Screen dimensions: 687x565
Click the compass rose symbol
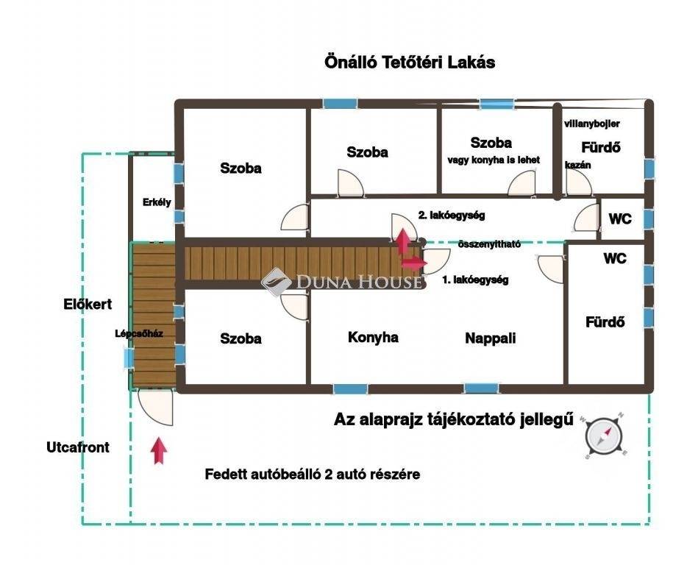[604, 436]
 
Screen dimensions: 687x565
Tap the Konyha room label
[373, 337]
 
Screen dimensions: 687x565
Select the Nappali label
[491, 338]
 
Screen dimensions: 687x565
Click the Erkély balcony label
[157, 202]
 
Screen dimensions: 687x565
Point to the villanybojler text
[592, 124]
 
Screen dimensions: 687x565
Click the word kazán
[577, 165]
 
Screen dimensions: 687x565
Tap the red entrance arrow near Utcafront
[159, 450]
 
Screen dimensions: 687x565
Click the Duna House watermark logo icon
[276, 282]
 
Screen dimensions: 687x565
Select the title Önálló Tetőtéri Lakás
[410, 63]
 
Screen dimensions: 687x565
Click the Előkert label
[88, 304]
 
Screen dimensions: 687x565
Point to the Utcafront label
[78, 447]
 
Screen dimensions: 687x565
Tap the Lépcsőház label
[139, 333]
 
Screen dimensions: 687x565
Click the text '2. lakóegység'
[452, 216]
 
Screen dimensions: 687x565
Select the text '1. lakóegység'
[475, 280]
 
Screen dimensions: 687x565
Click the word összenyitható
[489, 244]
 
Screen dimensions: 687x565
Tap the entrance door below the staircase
[155, 408]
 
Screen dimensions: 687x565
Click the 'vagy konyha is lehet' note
[494, 160]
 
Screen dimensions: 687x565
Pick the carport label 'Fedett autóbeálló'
[263, 474]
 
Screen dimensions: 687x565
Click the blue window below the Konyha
[350, 388]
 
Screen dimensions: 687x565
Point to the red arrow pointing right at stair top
[414, 263]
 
